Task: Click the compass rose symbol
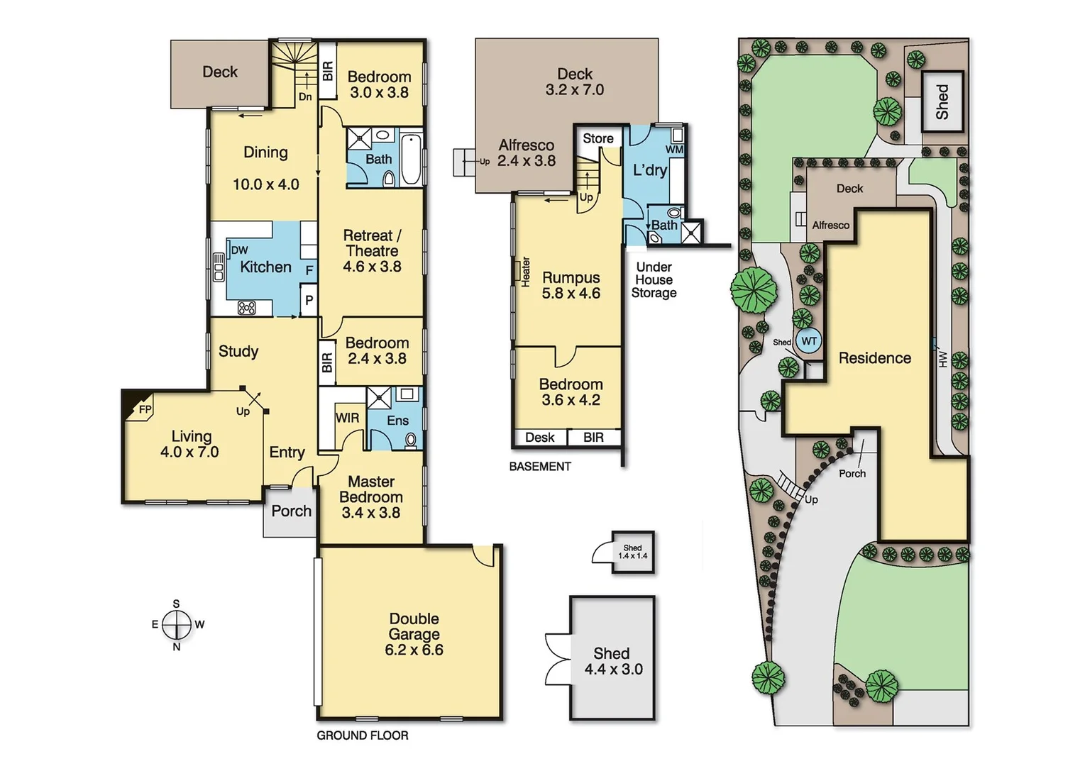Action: (177, 625)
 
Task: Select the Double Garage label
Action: (414, 634)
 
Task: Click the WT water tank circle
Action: (809, 341)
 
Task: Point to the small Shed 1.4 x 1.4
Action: (632, 552)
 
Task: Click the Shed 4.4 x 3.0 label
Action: (613, 661)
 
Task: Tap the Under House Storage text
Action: (654, 279)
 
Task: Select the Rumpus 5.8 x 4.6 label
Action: (571, 285)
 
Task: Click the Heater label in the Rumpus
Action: (526, 272)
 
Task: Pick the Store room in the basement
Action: (597, 138)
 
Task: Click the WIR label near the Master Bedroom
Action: (347, 418)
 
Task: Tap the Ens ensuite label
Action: (397, 421)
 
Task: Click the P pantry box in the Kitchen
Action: (309, 300)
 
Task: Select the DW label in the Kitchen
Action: (240, 250)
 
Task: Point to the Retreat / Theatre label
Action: (372, 250)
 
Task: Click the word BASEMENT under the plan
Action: (539, 466)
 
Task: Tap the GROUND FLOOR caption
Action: (362, 736)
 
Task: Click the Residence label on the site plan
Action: (874, 358)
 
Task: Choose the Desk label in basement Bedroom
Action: (539, 438)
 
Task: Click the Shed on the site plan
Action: (942, 101)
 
